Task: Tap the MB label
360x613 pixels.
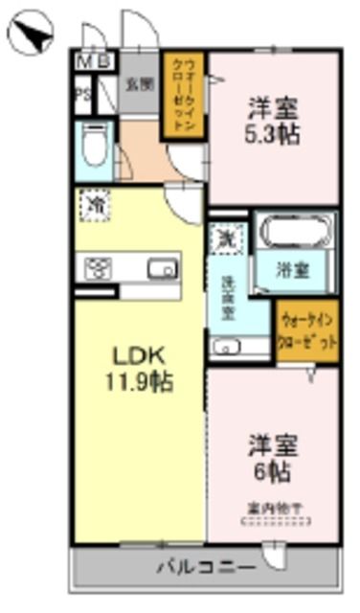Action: (93, 61)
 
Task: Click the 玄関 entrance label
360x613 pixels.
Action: (139, 83)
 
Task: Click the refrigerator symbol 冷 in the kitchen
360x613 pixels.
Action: (94, 205)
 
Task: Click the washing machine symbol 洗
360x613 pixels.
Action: (226, 237)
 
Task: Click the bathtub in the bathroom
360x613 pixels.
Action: (294, 233)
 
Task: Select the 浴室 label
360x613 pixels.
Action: (293, 270)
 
